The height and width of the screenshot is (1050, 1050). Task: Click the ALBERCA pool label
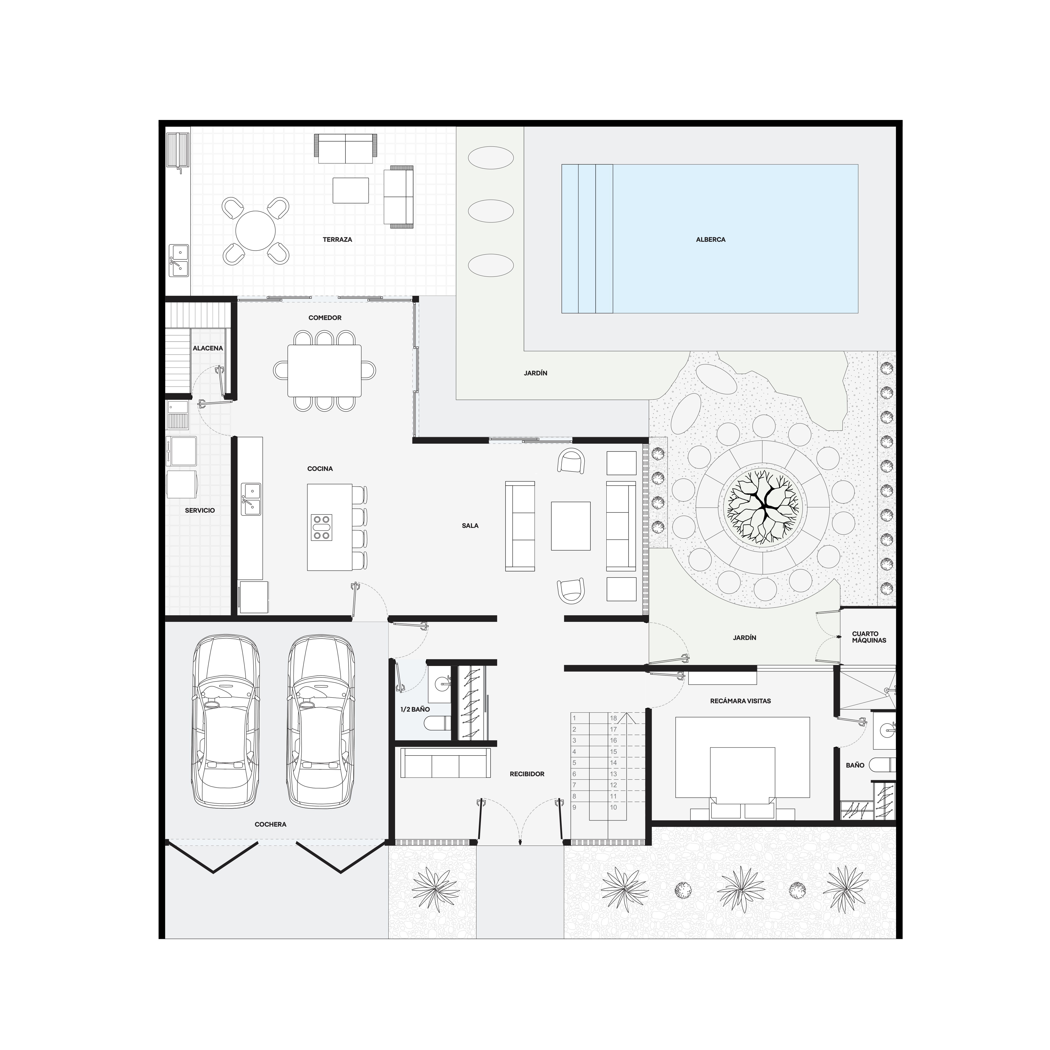[710, 240]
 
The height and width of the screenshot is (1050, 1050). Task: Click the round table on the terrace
[255, 230]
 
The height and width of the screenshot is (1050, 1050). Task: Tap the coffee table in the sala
[571, 526]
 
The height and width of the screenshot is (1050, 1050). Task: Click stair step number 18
[613, 718]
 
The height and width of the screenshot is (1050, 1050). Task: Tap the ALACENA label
[208, 348]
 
